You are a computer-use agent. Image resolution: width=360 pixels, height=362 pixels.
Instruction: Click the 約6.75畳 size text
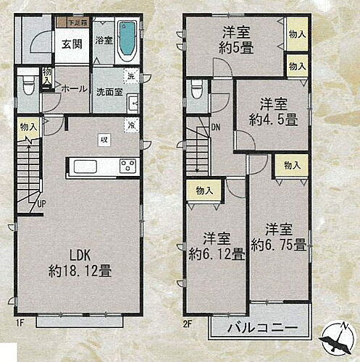click(x=278, y=245)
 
